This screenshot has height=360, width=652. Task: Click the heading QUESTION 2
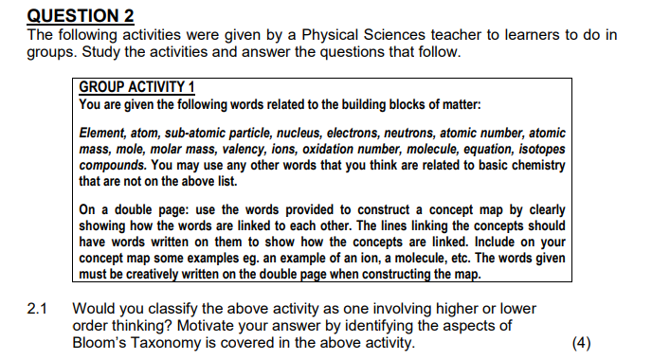[x=81, y=15]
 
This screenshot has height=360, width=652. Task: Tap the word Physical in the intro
[x=346, y=35]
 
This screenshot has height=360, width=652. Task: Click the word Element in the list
[x=103, y=134]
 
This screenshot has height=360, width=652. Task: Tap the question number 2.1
[x=38, y=309]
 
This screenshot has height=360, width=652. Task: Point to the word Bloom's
[x=101, y=342]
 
